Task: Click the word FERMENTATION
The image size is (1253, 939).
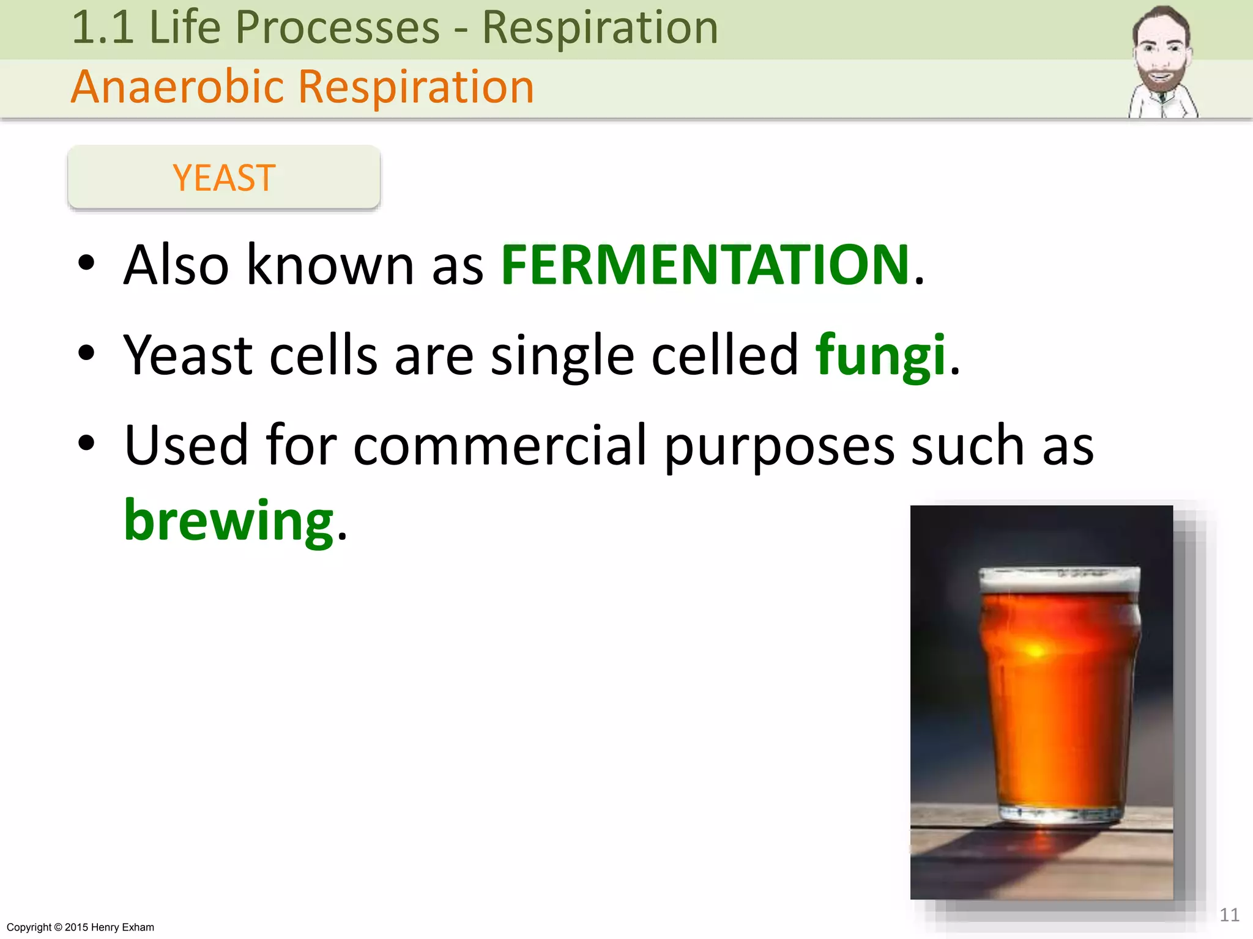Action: click(x=705, y=265)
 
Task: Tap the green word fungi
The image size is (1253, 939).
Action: click(x=881, y=356)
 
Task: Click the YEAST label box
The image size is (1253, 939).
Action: click(x=224, y=178)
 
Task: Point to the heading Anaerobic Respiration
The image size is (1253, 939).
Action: click(x=303, y=87)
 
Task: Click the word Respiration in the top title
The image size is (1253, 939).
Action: click(x=600, y=28)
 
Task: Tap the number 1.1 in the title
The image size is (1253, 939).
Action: click(x=103, y=28)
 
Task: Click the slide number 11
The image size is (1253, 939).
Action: click(x=1229, y=915)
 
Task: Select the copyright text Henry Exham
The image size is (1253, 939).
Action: click(x=122, y=927)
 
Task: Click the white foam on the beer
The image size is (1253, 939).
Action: click(x=1060, y=580)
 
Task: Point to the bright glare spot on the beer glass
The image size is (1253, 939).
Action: click(x=1035, y=650)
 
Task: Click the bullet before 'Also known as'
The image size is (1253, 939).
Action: click(x=87, y=263)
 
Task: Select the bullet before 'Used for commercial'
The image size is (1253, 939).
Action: click(x=87, y=443)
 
